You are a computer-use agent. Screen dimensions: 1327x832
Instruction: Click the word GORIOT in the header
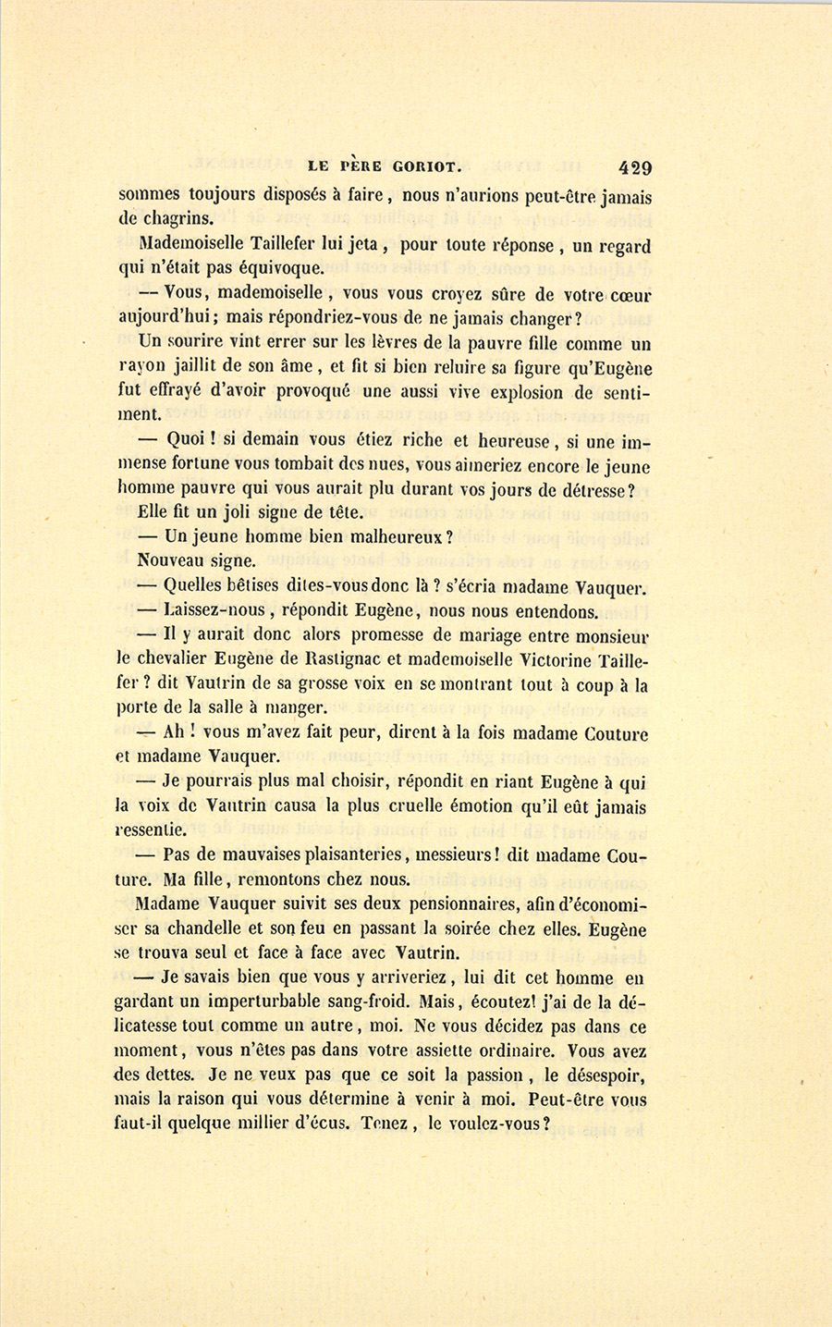point(422,168)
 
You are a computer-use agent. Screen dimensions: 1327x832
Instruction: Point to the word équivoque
point(275,269)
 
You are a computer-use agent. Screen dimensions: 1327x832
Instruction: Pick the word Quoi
point(185,440)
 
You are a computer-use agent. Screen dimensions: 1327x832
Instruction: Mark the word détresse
point(598,490)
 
